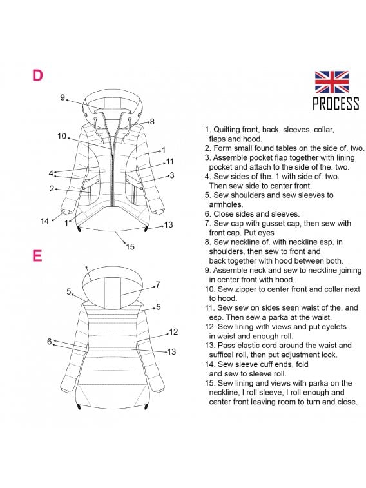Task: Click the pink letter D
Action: pyautogui.click(x=37, y=75)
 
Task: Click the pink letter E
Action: pyautogui.click(x=37, y=256)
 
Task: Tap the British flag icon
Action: pyautogui.click(x=331, y=82)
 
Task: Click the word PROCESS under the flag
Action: pyautogui.click(x=336, y=104)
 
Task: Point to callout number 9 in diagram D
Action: pyautogui.click(x=63, y=98)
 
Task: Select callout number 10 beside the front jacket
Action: pyautogui.click(x=62, y=136)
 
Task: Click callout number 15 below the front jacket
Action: pyautogui.click(x=130, y=247)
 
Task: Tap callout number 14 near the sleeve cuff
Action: pyautogui.click(x=44, y=221)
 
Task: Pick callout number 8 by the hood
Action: pyautogui.click(x=152, y=122)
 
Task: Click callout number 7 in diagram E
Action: pyautogui.click(x=158, y=284)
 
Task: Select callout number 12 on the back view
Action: pyautogui.click(x=173, y=332)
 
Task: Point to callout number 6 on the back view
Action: pyautogui.click(x=50, y=342)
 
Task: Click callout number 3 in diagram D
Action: pyautogui.click(x=171, y=175)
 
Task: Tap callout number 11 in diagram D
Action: pyautogui.click(x=169, y=162)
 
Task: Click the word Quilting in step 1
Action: pyautogui.click(x=227, y=130)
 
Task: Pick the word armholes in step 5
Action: pyautogui.click(x=226, y=204)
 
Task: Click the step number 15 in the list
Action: pyautogui.click(x=210, y=383)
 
